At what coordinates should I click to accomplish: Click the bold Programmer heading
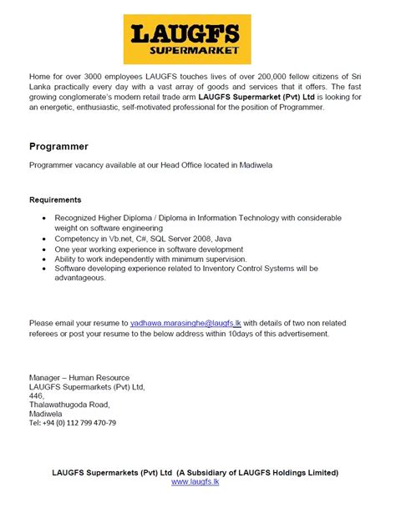click(60, 146)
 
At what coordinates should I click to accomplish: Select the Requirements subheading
click(55, 200)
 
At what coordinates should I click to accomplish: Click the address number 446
click(38, 395)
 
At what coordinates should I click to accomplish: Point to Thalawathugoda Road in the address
click(69, 405)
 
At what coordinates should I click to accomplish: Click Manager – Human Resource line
click(79, 377)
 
